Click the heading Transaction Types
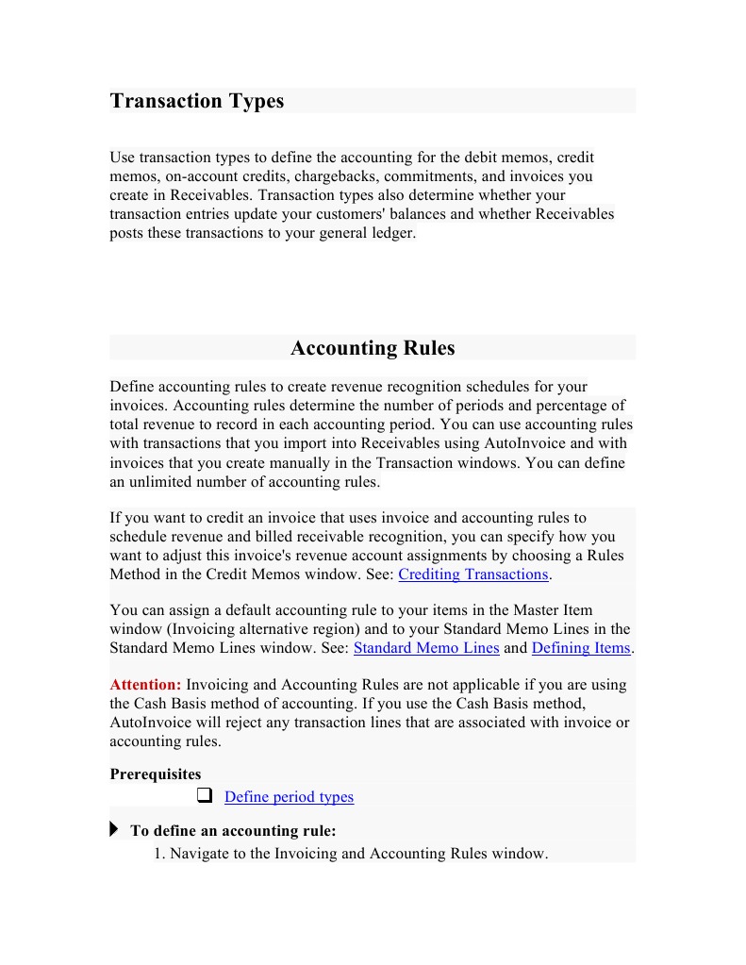196,101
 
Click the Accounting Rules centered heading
373,348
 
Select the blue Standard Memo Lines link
426,648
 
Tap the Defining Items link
581,648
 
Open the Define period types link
289,797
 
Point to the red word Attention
145,685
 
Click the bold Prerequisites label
155,774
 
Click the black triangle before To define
114,830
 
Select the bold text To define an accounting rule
233,831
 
